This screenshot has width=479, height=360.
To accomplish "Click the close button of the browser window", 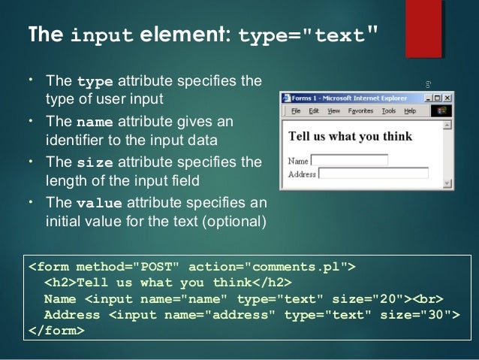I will pos(448,98).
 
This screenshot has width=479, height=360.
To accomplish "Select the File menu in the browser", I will pos(296,110).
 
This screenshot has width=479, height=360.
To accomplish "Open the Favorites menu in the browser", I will pos(360,110).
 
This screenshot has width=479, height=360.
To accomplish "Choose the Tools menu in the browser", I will pos(388,110).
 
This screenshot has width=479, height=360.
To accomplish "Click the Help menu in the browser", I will pos(409,110).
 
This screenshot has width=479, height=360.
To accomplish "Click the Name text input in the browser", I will pos(349,159).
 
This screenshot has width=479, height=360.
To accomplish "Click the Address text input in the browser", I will pos(374,172).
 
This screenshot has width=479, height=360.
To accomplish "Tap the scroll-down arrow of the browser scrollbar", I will pos(448,182).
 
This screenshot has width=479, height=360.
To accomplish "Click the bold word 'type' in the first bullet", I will pos(93,81).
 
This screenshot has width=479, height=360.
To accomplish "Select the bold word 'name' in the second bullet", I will pos(95,122).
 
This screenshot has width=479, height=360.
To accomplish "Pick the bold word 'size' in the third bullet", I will pos(94,162).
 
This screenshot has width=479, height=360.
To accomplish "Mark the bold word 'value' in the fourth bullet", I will pos(98,203).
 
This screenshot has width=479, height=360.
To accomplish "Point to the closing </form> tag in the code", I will pos(56,330).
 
